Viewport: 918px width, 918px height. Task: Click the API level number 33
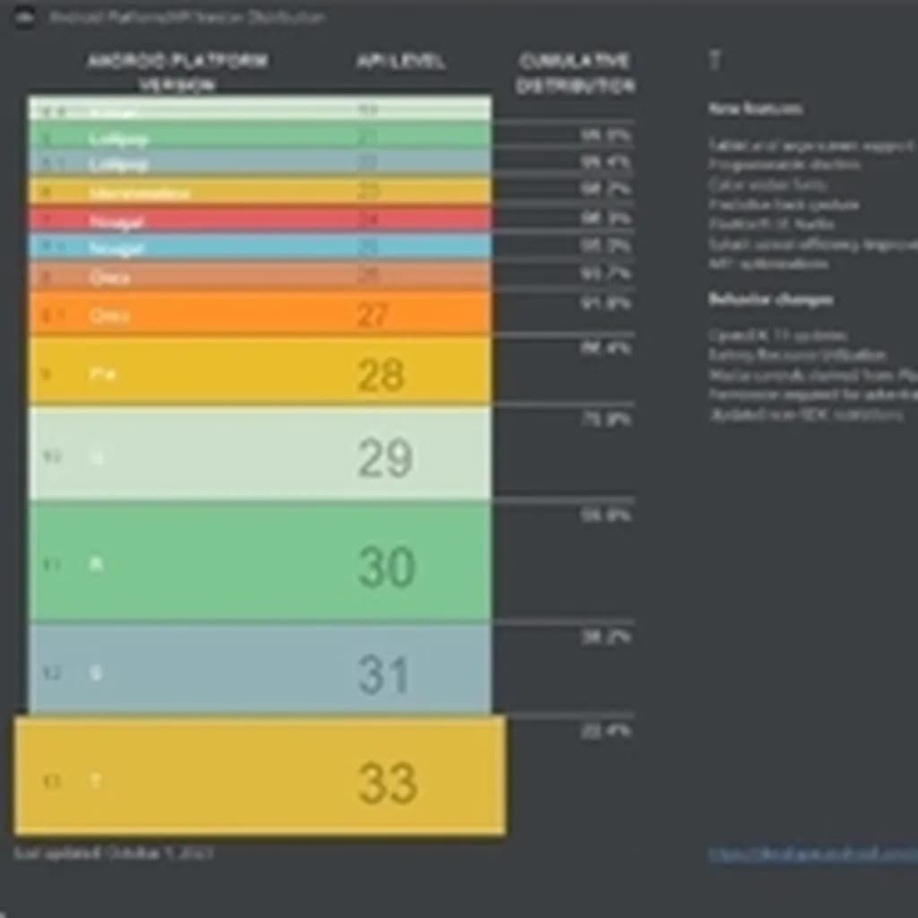click(x=387, y=783)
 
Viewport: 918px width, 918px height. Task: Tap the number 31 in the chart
click(x=384, y=674)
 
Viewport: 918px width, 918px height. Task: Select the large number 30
click(x=386, y=567)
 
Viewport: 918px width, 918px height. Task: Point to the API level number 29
click(x=385, y=459)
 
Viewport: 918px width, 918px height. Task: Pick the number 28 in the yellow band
click(x=381, y=375)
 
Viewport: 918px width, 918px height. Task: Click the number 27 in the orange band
click(x=372, y=315)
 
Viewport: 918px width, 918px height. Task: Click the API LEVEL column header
click(x=400, y=62)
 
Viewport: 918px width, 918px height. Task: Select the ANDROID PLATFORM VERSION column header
click(x=178, y=73)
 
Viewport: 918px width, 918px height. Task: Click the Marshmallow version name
click(x=139, y=193)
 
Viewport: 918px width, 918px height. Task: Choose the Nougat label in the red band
click(x=117, y=221)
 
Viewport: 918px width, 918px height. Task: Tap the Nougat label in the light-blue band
click(x=117, y=247)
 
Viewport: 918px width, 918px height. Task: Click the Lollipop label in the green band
click(x=118, y=138)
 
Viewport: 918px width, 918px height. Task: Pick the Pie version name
click(x=103, y=373)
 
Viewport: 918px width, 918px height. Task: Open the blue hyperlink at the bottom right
click(x=812, y=854)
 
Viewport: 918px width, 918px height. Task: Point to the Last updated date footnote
click(x=113, y=853)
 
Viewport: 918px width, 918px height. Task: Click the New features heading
click(x=755, y=108)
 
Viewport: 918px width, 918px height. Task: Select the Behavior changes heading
click(x=770, y=299)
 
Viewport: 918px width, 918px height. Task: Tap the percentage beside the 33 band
click(x=606, y=732)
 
